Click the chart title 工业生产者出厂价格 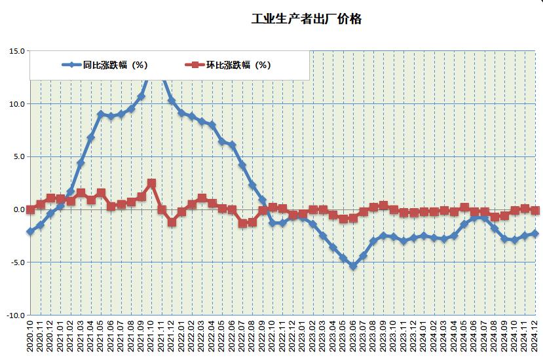point(307,19)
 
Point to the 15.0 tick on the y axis point(17,51)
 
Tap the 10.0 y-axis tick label point(17,104)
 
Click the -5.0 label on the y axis point(17,262)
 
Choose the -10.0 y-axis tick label point(16,315)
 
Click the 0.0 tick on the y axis point(18,209)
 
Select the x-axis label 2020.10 point(30,336)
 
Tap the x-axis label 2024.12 point(534,336)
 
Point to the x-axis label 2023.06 point(353,336)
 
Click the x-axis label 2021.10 point(151,336)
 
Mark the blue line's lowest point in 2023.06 point(353,266)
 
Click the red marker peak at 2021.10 point(151,183)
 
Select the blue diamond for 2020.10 point(30,232)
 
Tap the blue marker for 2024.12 point(534,234)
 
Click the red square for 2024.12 point(534,211)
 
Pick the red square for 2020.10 point(30,209)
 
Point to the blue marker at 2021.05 point(101,114)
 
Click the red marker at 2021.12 point(172,223)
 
